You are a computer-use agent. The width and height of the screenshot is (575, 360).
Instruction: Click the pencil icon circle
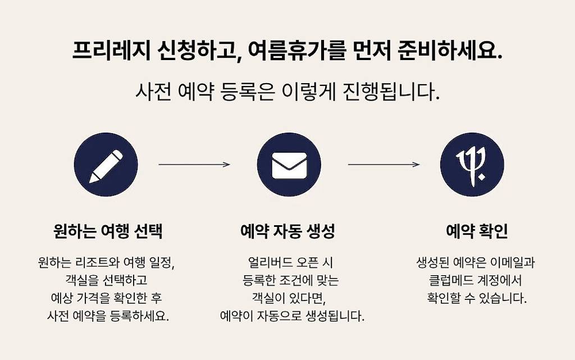coord(106,165)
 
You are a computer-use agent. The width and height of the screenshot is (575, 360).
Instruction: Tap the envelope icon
coord(289,165)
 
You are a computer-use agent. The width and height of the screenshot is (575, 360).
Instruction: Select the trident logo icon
coord(472,165)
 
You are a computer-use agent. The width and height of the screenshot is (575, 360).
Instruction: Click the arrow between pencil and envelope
coord(194,165)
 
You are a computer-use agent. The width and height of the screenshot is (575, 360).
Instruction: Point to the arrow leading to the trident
coord(384,165)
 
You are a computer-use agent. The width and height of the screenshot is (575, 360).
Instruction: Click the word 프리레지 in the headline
coord(111,51)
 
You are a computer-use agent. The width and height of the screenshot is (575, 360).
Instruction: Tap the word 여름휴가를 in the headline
coord(296,51)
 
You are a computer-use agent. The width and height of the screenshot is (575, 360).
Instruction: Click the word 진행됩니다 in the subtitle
coord(391,92)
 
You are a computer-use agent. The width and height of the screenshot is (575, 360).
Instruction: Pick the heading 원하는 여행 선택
coord(108,231)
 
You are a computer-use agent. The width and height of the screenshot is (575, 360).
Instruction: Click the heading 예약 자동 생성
coord(288,231)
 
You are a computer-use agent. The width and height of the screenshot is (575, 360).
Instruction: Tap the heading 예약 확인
coord(477,231)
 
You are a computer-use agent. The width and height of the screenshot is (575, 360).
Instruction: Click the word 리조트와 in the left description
coord(97,262)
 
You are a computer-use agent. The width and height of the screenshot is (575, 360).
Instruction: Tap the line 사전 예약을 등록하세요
coord(108,316)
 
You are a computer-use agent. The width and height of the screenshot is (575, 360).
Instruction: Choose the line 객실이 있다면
coord(289,298)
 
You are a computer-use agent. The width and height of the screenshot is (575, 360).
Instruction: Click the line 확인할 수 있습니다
coord(477,298)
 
